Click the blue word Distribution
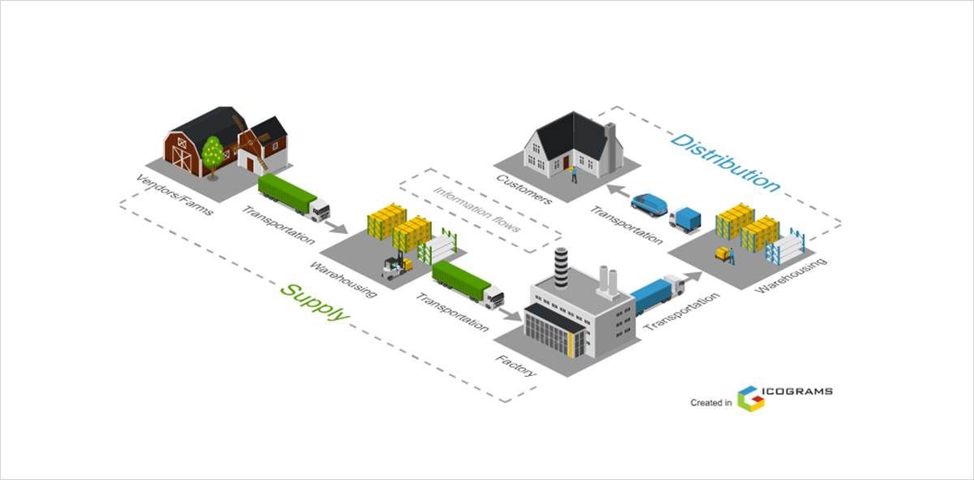[725, 162]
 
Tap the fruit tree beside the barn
[213, 154]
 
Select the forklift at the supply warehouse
[396, 266]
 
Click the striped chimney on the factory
[561, 266]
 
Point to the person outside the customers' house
[573, 172]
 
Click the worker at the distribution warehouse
[730, 256]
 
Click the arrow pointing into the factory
[511, 313]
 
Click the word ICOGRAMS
[799, 391]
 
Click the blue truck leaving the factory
[657, 294]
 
